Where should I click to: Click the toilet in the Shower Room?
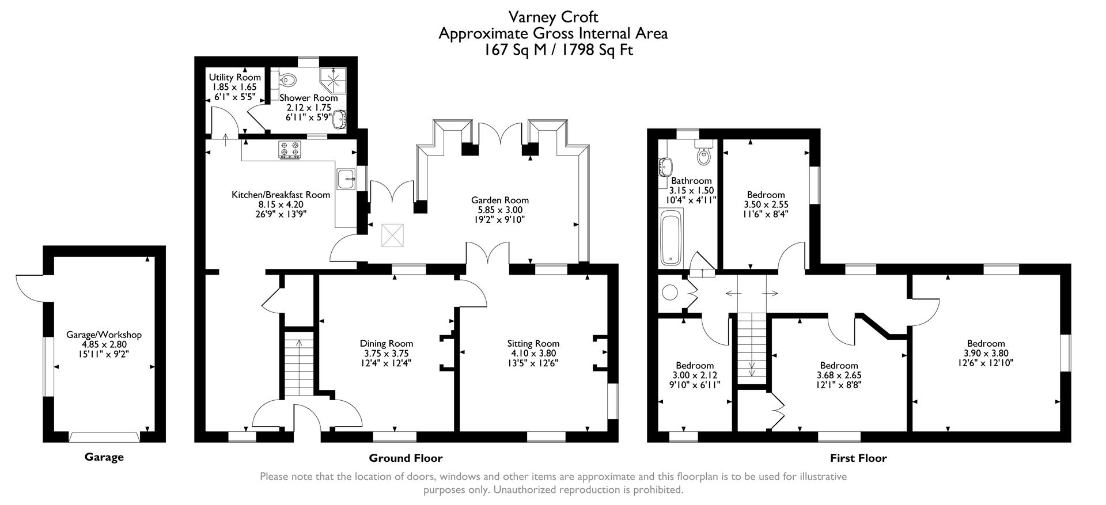click(x=287, y=79)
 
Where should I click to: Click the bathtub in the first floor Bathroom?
click(x=671, y=237)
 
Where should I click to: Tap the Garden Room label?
click(x=499, y=200)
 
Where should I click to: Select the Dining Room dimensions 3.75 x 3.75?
click(x=387, y=354)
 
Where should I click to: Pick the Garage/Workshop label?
click(x=104, y=335)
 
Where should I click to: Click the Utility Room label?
click(x=234, y=77)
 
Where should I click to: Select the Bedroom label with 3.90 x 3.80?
click(x=986, y=344)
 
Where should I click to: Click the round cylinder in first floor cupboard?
click(x=670, y=292)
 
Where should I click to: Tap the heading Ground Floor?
click(x=406, y=458)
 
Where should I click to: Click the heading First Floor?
click(x=858, y=458)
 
